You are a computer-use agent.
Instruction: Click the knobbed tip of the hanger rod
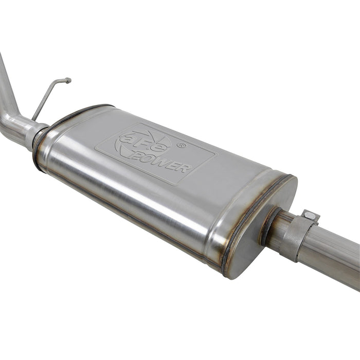pyautogui.click(x=67, y=80)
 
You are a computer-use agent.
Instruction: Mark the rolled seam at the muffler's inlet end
pyautogui.click(x=41, y=144)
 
